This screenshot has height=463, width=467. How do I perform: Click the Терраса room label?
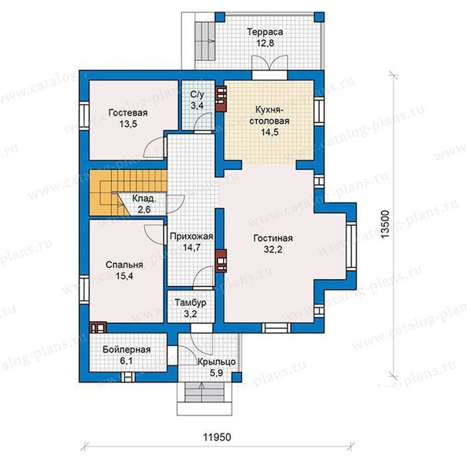point(265,32)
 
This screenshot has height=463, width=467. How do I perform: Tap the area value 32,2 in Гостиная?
point(273,250)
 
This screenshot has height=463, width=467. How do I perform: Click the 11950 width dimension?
point(217,437)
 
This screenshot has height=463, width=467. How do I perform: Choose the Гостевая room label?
point(128,113)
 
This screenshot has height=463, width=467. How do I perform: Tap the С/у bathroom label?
point(197,95)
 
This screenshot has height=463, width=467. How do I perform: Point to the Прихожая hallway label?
point(191,236)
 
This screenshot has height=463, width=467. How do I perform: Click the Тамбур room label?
point(190,303)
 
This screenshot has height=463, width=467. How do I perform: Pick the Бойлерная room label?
point(127,349)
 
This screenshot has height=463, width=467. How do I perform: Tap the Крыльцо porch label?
point(216,362)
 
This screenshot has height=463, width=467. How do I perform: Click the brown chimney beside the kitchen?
point(221,99)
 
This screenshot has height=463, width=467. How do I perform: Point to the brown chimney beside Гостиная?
point(221,261)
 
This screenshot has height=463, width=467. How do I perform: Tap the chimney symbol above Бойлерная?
point(98,328)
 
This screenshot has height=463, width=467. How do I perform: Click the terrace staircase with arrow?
point(205,41)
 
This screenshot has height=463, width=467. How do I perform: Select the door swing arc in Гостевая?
point(154,146)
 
